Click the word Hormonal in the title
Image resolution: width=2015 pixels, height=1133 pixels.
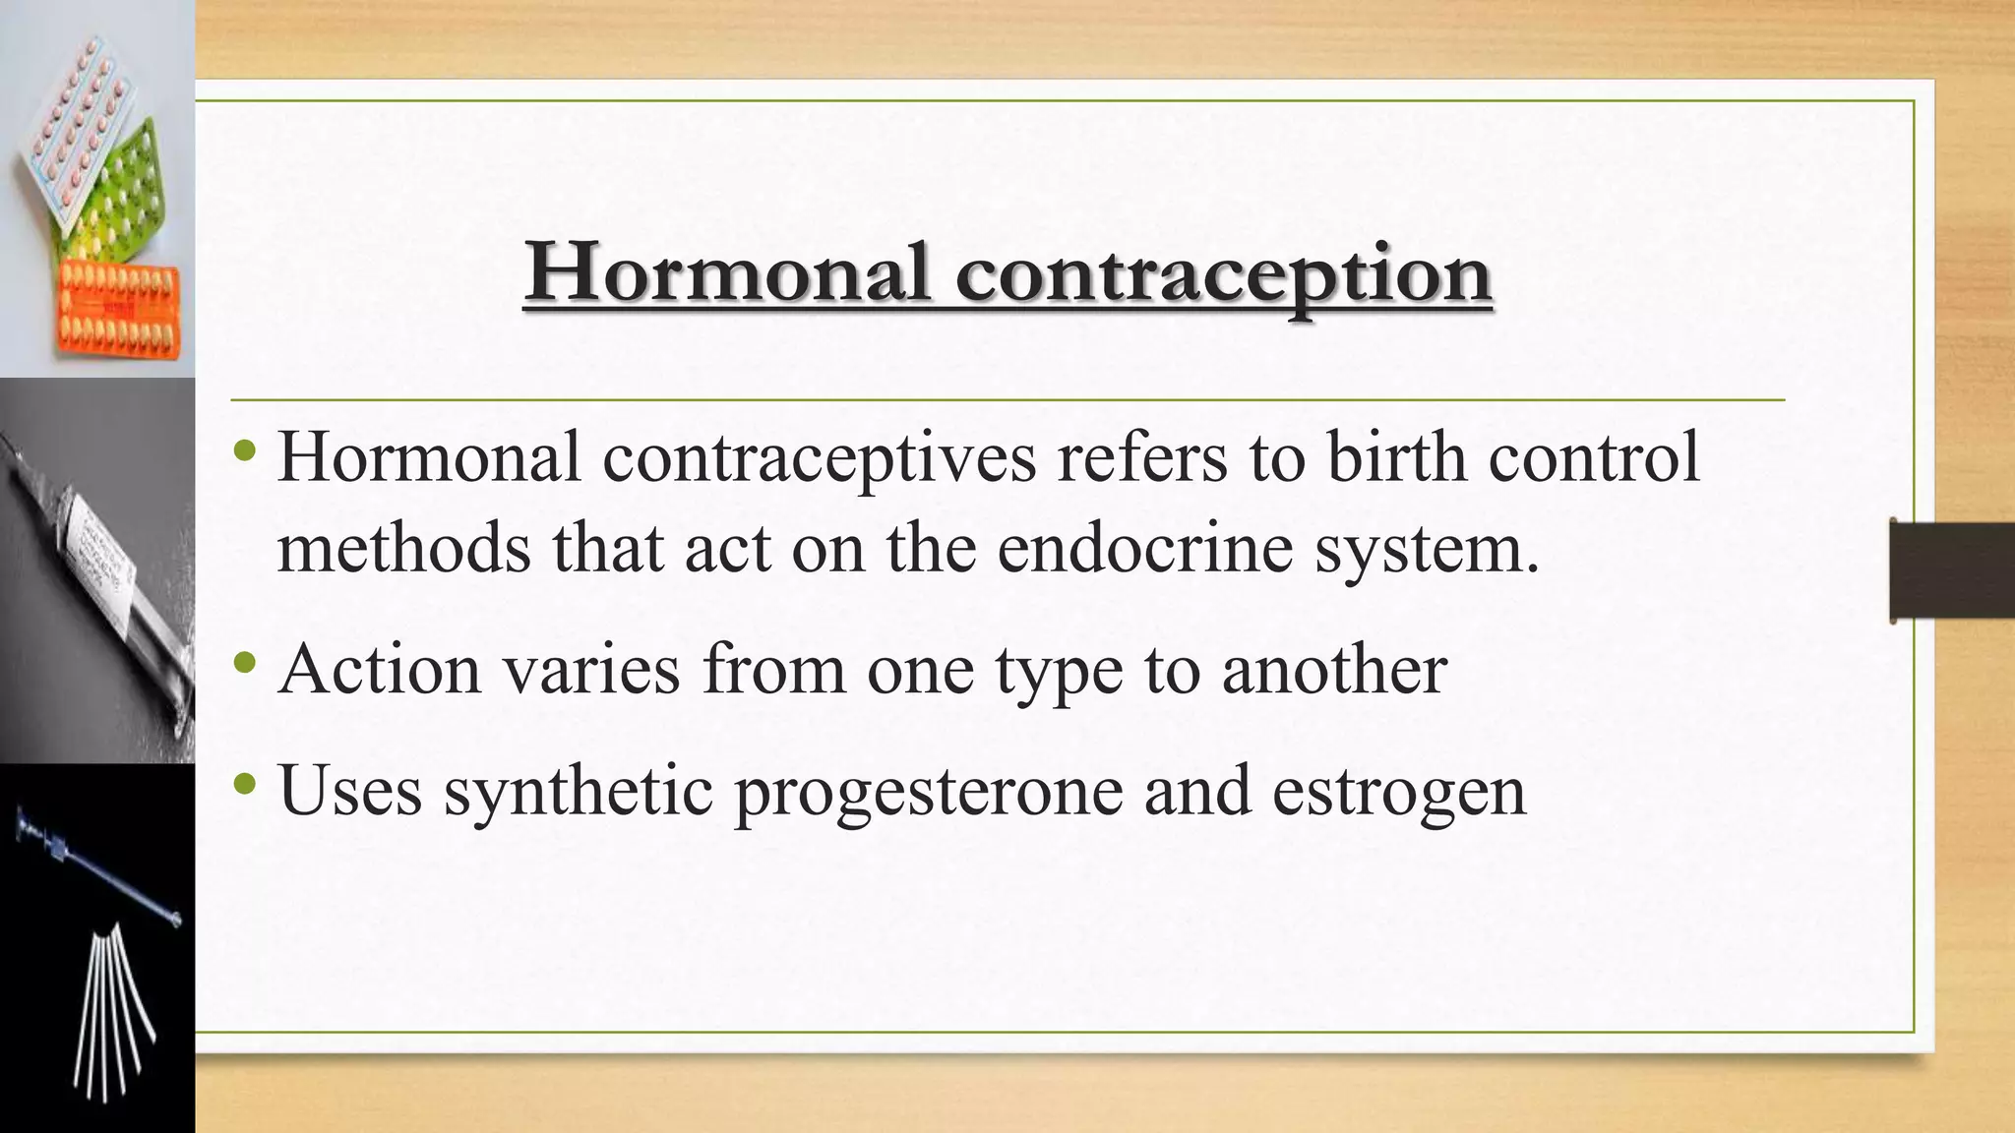(x=728, y=273)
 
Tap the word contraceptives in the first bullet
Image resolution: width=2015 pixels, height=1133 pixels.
(x=819, y=458)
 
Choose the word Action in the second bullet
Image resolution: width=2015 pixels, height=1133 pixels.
(x=380, y=669)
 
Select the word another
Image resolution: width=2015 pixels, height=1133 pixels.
(x=1335, y=669)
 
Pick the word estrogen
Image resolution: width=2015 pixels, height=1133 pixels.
(x=1398, y=793)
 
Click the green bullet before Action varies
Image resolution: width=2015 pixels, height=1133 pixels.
(x=246, y=663)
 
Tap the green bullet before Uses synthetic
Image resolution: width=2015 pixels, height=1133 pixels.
(x=246, y=785)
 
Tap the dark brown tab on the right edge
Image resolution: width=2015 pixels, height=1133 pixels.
(x=1951, y=571)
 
